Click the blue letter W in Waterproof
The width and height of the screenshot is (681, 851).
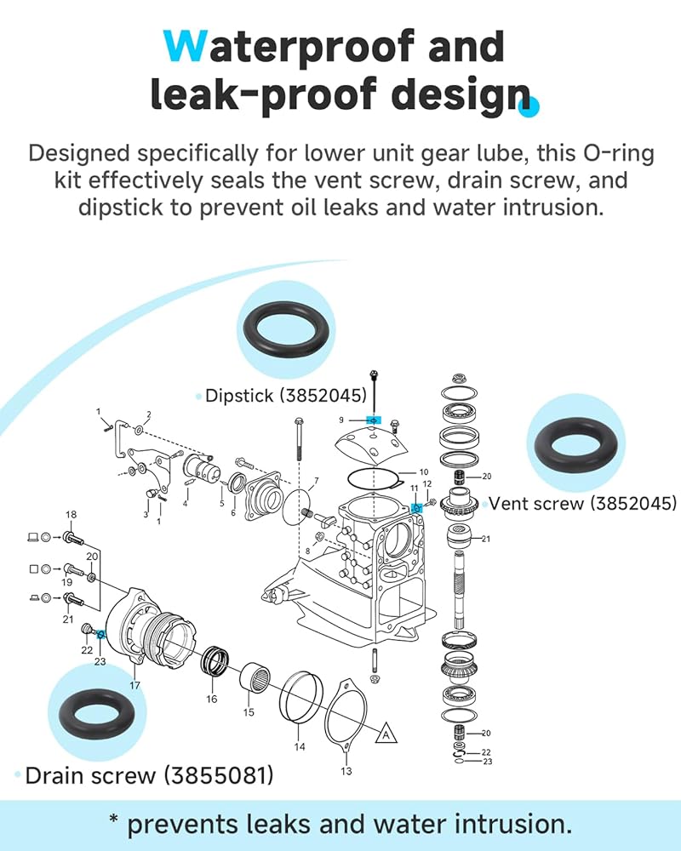(184, 47)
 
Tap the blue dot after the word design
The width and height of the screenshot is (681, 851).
(532, 106)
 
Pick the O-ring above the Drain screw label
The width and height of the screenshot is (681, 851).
(90, 713)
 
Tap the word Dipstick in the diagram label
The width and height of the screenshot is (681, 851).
(239, 396)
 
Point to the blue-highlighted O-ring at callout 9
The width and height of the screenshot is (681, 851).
(373, 420)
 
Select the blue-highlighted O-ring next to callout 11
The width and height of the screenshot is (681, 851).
(417, 508)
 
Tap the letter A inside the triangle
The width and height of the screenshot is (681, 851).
(386, 732)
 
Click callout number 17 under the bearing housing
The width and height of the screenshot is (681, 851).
(134, 685)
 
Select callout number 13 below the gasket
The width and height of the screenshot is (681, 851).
(346, 771)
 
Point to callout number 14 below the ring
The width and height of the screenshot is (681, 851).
(300, 747)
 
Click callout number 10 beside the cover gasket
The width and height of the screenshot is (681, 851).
(423, 472)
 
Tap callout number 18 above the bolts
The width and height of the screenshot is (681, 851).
(72, 515)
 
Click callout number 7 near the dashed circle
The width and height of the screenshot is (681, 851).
(315, 482)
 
